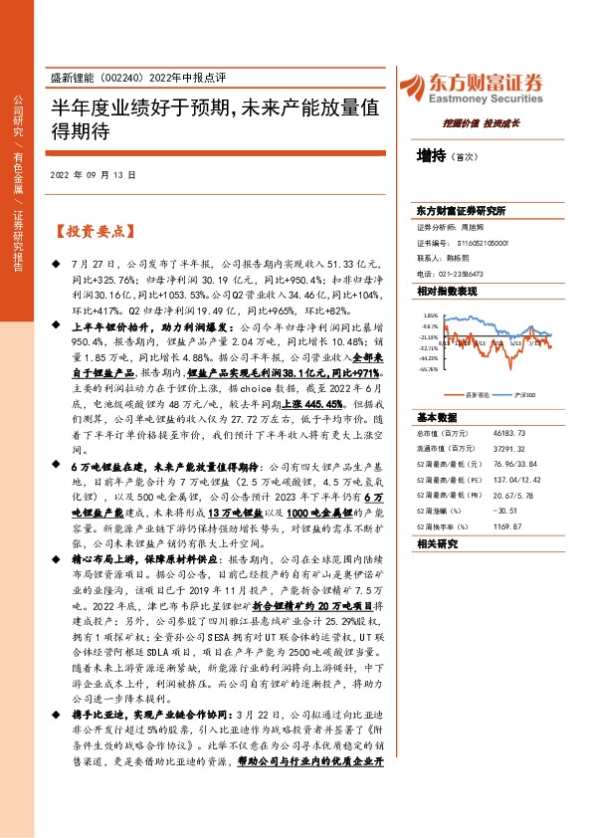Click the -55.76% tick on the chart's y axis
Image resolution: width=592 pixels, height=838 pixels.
coord(428,368)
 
